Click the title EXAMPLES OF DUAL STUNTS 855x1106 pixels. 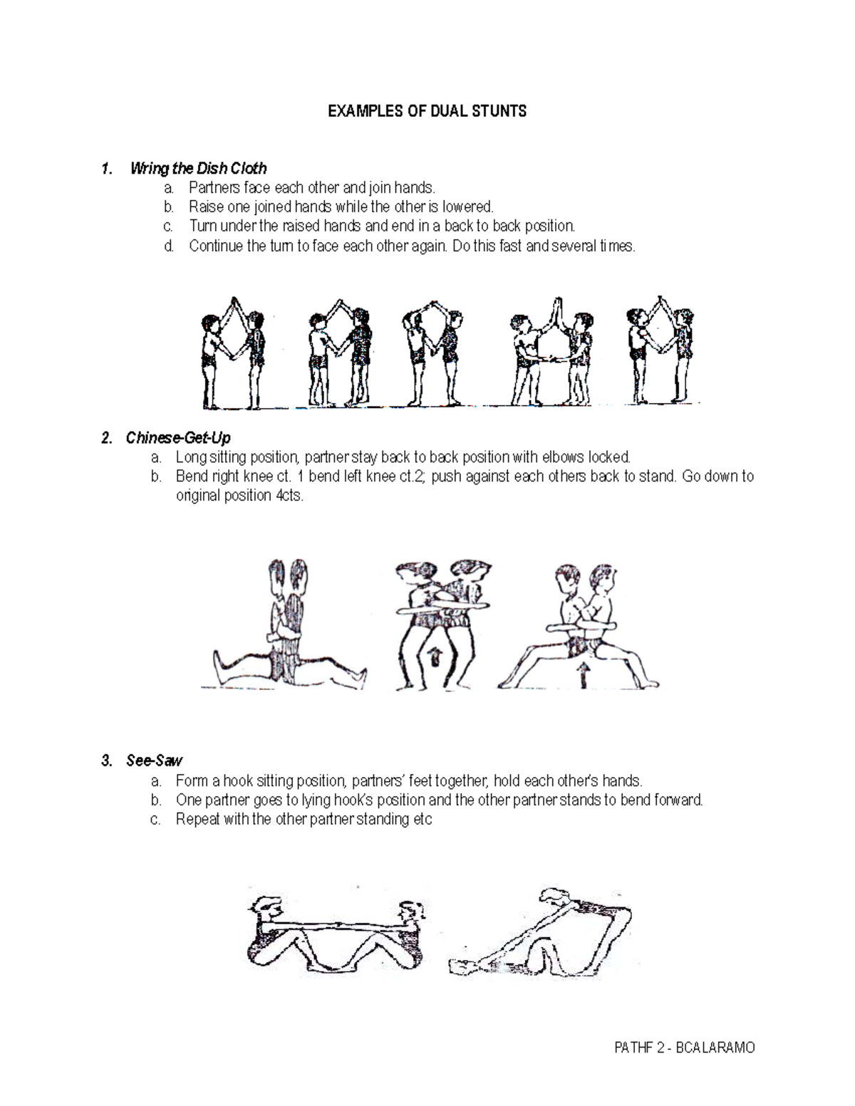point(427,111)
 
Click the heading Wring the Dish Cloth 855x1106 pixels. point(199,169)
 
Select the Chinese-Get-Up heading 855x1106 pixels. point(178,437)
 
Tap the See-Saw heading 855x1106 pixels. point(155,761)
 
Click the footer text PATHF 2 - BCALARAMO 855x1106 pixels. point(684,1048)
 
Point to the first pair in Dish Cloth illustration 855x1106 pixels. point(233,353)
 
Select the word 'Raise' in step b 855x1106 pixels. point(204,207)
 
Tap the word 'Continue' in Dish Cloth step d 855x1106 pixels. point(215,246)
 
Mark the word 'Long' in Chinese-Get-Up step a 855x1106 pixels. point(190,457)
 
